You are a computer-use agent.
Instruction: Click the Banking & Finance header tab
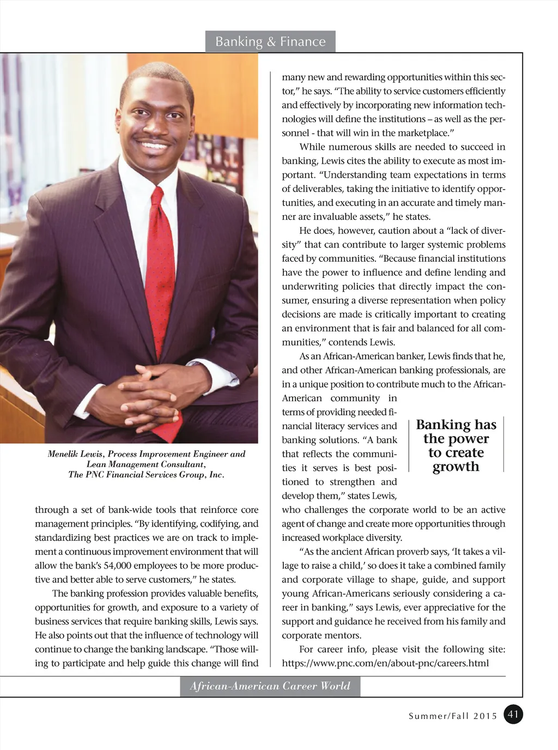click(x=270, y=41)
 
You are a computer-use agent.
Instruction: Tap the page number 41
click(x=513, y=714)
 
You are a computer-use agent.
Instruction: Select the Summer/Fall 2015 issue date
click(x=453, y=716)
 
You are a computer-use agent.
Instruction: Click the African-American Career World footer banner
click(x=270, y=686)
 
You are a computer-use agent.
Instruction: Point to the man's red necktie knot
click(x=157, y=198)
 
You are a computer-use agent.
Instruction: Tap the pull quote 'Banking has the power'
click(x=456, y=432)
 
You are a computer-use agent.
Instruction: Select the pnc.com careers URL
click(x=385, y=663)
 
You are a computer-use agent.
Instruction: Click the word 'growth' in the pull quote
click(x=456, y=467)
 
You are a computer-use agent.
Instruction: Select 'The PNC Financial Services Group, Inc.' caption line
click(x=146, y=475)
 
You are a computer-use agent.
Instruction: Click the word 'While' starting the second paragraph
click(x=312, y=147)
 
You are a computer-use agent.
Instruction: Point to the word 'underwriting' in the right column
click(x=309, y=286)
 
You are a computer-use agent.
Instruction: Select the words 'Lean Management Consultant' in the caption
click(x=145, y=464)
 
